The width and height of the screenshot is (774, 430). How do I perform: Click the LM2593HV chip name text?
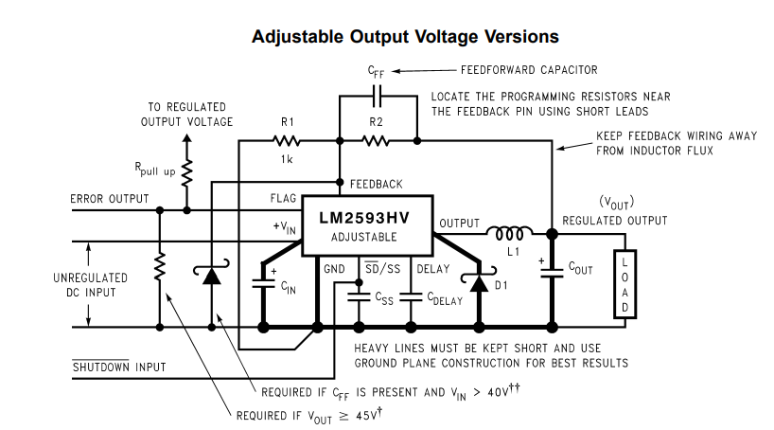click(x=363, y=218)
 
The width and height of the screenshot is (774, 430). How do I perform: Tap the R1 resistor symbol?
click(x=287, y=141)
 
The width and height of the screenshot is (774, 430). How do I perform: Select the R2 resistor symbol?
click(x=375, y=141)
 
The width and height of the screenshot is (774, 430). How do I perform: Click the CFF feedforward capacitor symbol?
click(x=378, y=96)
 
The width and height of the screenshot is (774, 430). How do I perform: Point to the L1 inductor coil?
click(x=509, y=233)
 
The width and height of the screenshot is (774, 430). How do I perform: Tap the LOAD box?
click(x=624, y=284)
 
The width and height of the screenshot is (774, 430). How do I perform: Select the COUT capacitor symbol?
click(x=552, y=272)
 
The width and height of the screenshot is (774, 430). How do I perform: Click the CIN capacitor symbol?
click(x=263, y=284)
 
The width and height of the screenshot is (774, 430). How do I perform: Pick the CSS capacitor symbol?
click(x=359, y=297)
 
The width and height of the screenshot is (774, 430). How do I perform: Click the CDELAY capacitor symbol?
click(x=411, y=297)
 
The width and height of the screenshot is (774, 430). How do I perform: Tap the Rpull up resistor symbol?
click(x=186, y=173)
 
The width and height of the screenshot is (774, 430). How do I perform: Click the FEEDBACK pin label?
click(x=377, y=185)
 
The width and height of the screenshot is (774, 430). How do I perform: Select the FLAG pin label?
click(x=283, y=198)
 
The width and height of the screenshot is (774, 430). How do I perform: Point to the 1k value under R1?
click(x=287, y=159)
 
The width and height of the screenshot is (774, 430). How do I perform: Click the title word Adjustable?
click(x=297, y=37)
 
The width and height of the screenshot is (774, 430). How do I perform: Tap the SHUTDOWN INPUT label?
click(x=119, y=367)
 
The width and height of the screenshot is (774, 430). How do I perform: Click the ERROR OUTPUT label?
click(x=110, y=199)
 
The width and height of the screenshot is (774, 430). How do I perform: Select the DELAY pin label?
click(x=433, y=269)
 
